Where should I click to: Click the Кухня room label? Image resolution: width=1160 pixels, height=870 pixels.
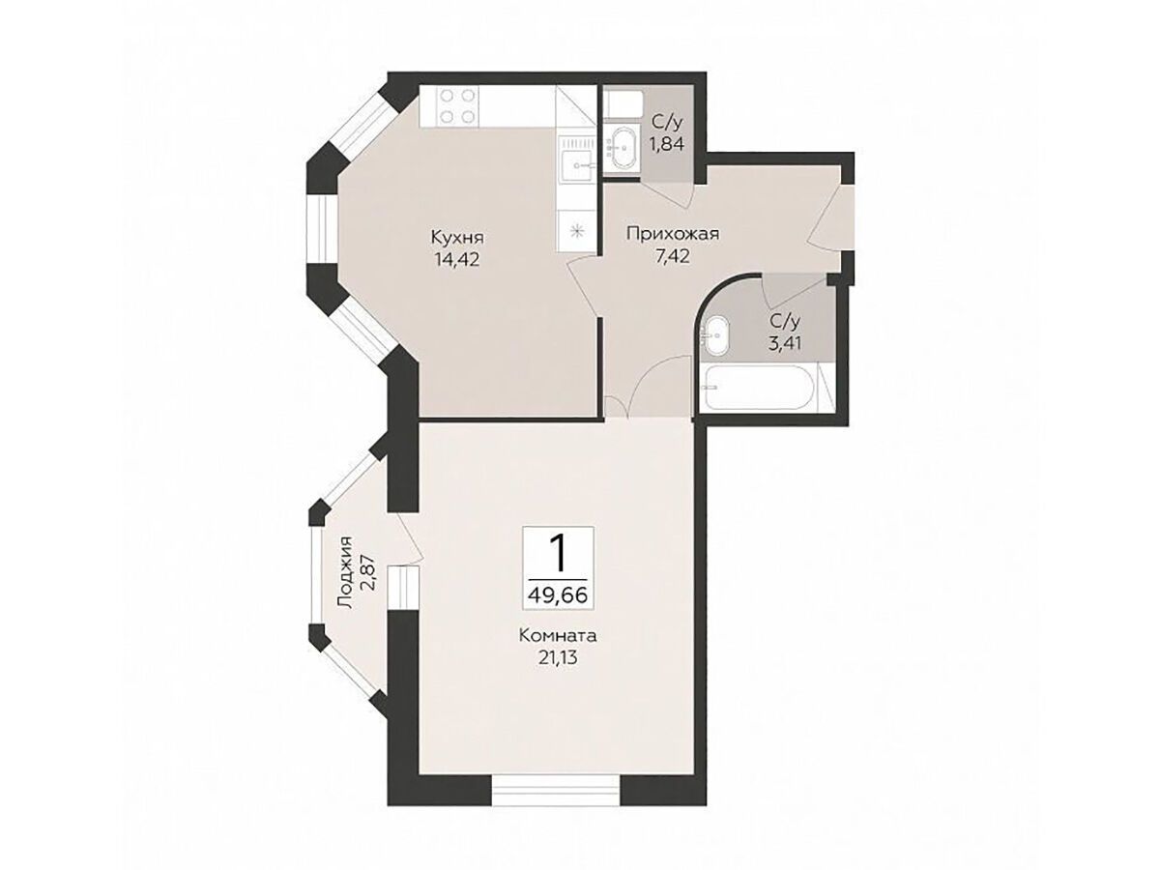pos(457,238)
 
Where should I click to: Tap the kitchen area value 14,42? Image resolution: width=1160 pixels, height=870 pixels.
pos(457,260)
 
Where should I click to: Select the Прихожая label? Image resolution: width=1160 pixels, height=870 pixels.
pos(672,235)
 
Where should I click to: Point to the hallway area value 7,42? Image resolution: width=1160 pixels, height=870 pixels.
pos(672,257)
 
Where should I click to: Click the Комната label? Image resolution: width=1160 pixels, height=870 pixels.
pos(558,635)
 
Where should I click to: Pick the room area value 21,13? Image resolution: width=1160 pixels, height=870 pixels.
pos(558,658)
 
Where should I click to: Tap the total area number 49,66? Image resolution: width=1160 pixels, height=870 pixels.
pos(558,595)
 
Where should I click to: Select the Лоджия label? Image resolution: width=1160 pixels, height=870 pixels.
pos(346,573)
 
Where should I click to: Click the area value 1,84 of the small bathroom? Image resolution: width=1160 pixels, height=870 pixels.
pos(667,144)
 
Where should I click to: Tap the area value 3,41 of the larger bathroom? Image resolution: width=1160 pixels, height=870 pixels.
pos(786,344)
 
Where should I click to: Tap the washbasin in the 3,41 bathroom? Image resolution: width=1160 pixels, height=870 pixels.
pos(716,335)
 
